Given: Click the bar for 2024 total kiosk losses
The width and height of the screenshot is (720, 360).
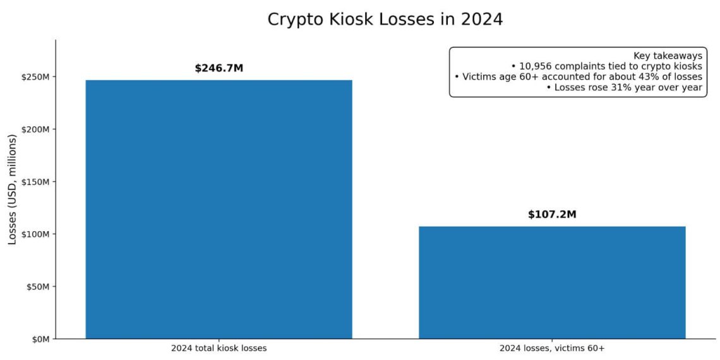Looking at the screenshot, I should coord(219,209).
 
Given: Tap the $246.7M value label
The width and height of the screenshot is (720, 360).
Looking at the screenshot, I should coord(219,68).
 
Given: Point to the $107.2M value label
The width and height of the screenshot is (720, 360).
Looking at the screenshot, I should coord(552,215).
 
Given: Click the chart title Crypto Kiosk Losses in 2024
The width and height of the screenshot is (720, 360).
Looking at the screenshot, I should coord(385,19).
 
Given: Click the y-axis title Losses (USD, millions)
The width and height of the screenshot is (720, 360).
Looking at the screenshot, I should coord(13,189).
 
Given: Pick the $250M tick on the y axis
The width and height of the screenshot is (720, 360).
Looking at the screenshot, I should coord(37,77).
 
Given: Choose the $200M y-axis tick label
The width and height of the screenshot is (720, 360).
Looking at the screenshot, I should coord(37,129).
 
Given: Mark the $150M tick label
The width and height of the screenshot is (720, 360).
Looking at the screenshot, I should coord(37,182).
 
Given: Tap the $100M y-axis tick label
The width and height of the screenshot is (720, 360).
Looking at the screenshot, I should coord(37,234).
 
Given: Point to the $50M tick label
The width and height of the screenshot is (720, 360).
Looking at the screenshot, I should coord(39,287).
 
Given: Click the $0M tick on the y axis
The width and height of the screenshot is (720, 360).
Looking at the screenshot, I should coord(41,339).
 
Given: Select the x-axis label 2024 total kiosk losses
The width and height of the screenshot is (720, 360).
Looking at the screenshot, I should coord(219,349).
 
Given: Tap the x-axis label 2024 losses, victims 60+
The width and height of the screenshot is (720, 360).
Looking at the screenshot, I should coord(552,349).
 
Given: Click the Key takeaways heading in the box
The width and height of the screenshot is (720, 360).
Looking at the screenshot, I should coord(668,56).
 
